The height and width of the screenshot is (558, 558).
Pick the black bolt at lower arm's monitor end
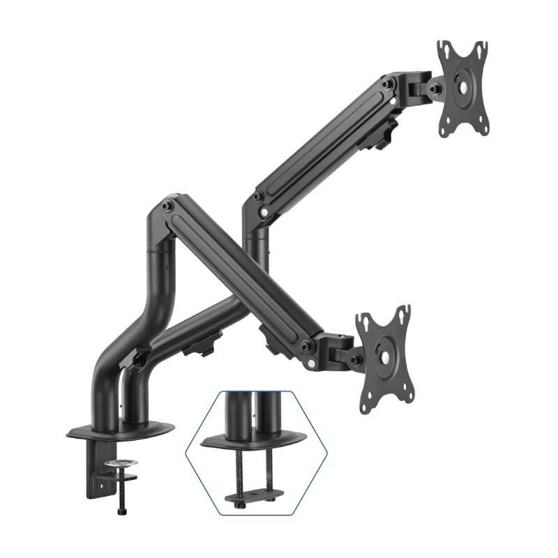(x=306, y=347)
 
